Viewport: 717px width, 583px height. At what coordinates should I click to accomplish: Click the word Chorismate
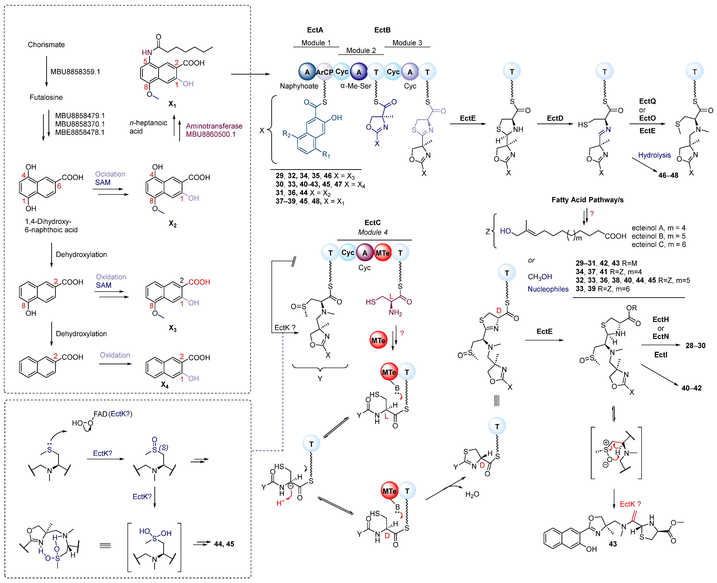46,45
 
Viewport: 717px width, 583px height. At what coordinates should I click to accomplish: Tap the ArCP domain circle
324,72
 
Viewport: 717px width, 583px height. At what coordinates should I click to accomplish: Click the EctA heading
315,30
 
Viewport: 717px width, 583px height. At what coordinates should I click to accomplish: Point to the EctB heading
382,30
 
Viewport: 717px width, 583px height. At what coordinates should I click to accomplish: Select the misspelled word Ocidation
110,174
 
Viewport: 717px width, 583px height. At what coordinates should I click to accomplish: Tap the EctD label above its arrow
555,118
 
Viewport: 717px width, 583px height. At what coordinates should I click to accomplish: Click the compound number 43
613,544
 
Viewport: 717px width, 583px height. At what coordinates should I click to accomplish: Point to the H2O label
472,494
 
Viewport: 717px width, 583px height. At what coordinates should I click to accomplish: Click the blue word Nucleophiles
548,289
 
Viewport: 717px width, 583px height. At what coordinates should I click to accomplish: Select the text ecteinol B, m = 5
659,236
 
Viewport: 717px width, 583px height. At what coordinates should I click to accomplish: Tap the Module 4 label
373,232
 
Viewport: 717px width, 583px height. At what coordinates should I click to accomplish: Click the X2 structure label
173,224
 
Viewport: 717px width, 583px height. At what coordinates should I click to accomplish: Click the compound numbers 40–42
691,388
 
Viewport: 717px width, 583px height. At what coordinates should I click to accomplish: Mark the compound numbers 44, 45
224,544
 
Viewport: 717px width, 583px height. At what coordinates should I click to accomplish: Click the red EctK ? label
630,504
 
